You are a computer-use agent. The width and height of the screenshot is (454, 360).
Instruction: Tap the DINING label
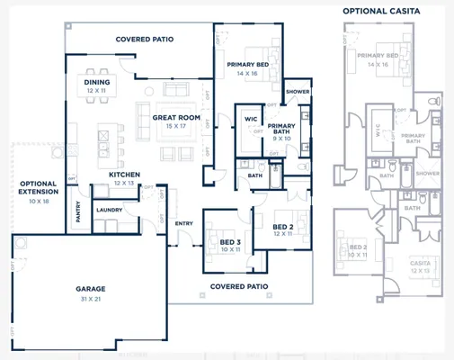click(97, 82)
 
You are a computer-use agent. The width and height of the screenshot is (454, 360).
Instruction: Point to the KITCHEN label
click(123, 174)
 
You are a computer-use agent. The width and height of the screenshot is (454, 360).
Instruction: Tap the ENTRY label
click(184, 223)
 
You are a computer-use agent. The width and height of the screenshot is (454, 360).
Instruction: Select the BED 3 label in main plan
click(230, 243)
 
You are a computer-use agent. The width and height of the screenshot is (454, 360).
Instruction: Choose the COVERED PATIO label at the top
click(144, 40)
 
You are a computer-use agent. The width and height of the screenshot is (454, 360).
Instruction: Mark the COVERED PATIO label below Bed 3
click(240, 287)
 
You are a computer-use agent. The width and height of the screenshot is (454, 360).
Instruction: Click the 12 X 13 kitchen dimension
click(123, 183)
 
